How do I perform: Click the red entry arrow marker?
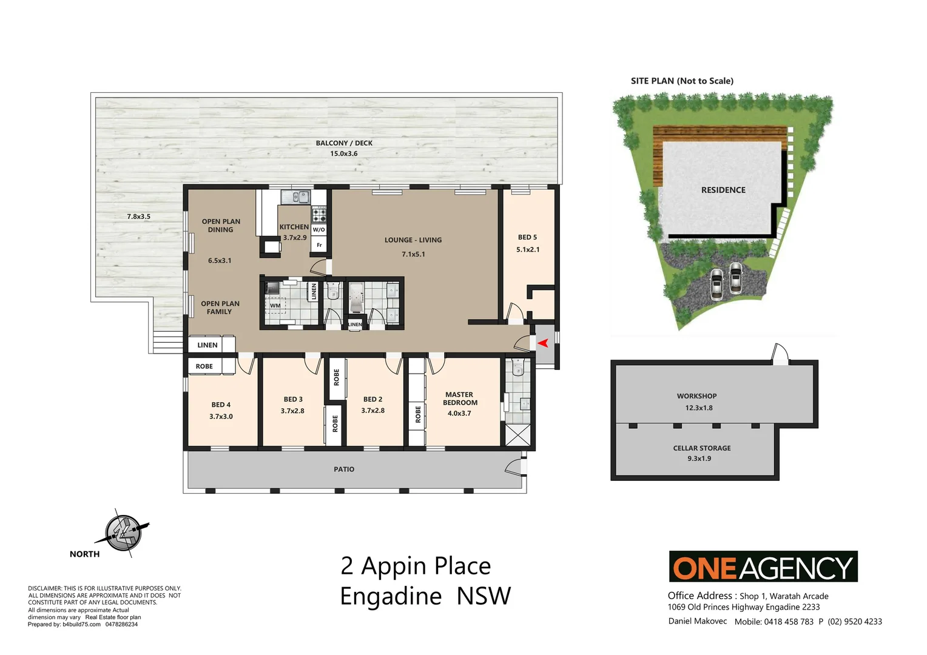click(x=543, y=343)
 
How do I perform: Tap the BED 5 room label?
click(x=527, y=237)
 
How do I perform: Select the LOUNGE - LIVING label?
click(x=413, y=240)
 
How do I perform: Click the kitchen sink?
click(x=295, y=196)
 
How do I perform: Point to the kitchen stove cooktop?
click(x=319, y=214)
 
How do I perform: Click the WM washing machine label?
click(x=275, y=306)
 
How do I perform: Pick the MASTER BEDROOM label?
click(x=460, y=398)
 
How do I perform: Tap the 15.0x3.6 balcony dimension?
click(x=343, y=153)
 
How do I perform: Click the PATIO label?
click(x=344, y=469)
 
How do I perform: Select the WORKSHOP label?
click(x=697, y=396)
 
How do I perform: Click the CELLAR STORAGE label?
click(x=702, y=448)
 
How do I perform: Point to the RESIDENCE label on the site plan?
click(x=723, y=190)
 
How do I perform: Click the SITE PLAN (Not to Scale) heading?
click(x=682, y=81)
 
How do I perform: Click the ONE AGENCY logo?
click(x=763, y=567)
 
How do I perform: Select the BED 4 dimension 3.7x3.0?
click(x=221, y=417)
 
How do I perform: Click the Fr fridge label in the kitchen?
click(x=319, y=245)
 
